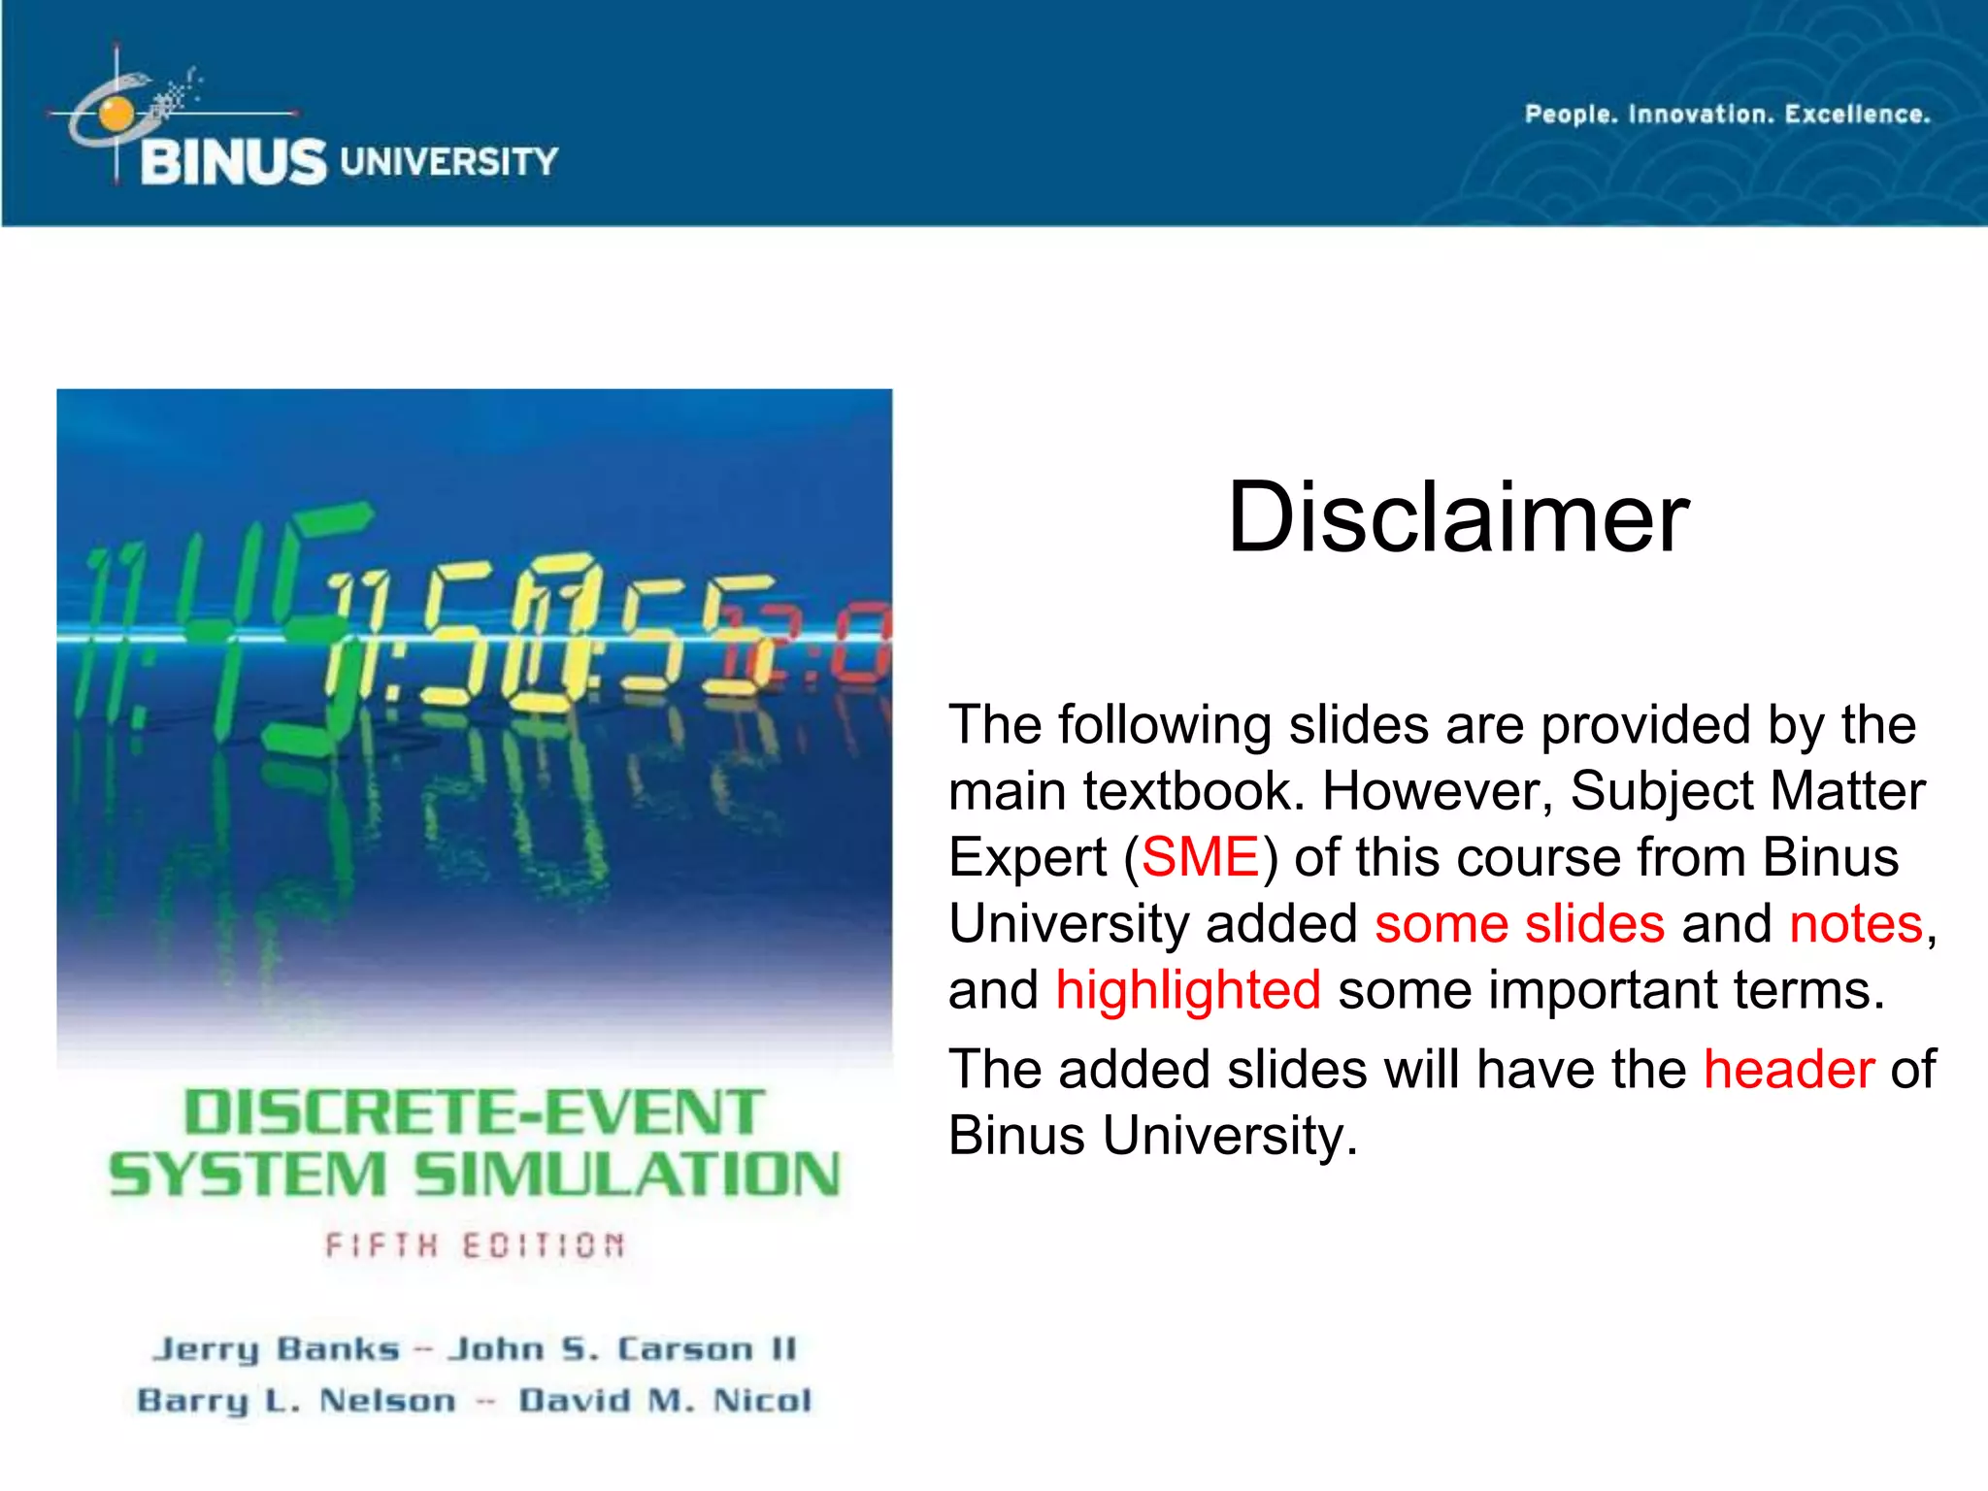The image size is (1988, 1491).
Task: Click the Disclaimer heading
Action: pyautogui.click(x=1458, y=518)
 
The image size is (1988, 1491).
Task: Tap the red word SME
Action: pyautogui.click(x=1200, y=858)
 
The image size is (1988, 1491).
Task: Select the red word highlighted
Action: pyautogui.click(x=1187, y=991)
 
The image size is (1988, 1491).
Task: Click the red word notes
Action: pyautogui.click(x=1855, y=924)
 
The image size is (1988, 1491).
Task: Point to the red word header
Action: pyautogui.click(x=1788, y=1071)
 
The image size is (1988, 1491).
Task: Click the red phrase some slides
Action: pyautogui.click(x=1519, y=924)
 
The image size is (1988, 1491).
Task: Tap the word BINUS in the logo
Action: pyautogui.click(x=233, y=162)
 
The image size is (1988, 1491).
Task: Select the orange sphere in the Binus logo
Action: pyautogui.click(x=116, y=114)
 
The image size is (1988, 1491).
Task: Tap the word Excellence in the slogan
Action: pyautogui.click(x=1857, y=115)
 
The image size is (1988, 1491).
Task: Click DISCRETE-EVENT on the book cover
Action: pyautogui.click(x=474, y=1112)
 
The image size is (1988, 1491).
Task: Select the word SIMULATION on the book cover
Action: pyautogui.click(x=627, y=1176)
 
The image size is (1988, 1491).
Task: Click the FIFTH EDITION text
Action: pyautogui.click(x=475, y=1245)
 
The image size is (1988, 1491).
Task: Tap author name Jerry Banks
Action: pyautogui.click(x=277, y=1349)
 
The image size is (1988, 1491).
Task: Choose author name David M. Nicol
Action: pyautogui.click(x=665, y=1401)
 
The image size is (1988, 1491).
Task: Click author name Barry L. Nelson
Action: pyautogui.click(x=296, y=1401)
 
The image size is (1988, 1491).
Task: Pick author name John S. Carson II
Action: pyautogui.click(x=621, y=1349)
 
